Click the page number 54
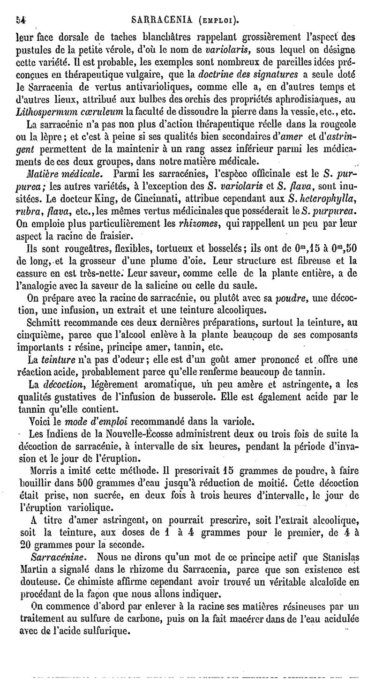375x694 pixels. click(20, 19)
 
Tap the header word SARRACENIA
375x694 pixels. click(160, 19)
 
